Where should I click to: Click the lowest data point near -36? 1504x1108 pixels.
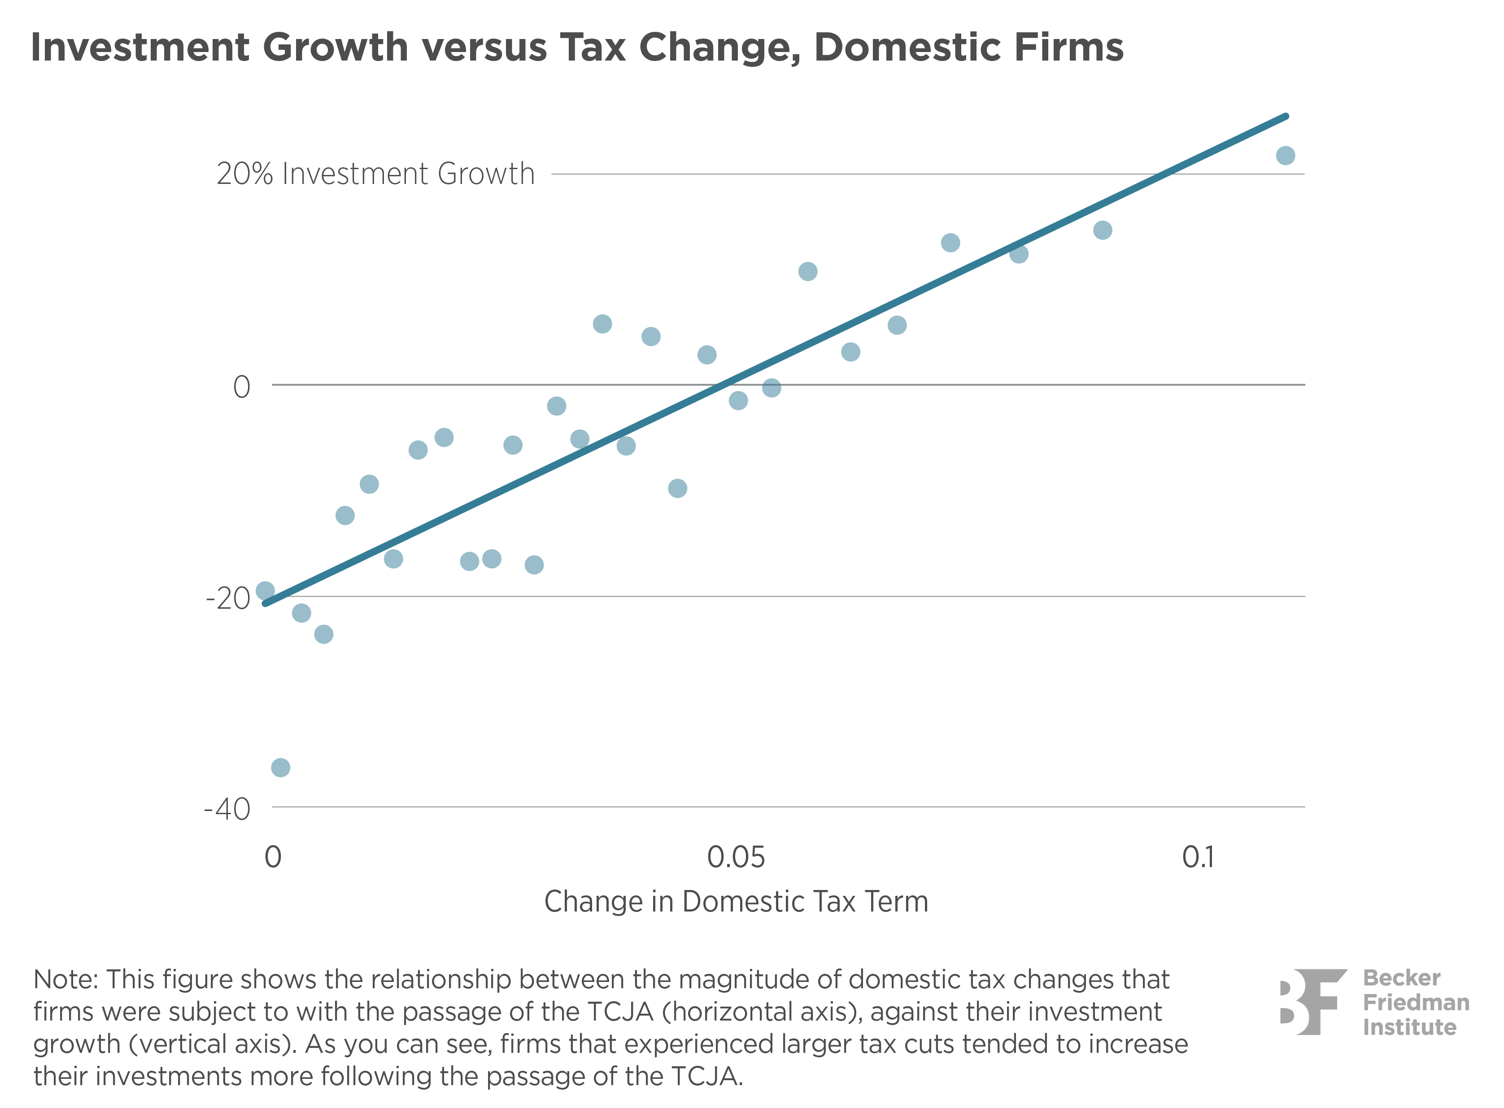(x=280, y=767)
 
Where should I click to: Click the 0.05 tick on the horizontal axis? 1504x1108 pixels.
(x=736, y=857)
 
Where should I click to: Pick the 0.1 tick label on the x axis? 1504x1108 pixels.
(x=1198, y=857)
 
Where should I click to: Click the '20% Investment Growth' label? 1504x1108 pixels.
(x=375, y=174)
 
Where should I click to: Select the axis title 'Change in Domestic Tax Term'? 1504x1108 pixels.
(x=736, y=901)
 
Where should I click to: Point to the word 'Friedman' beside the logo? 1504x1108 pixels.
(x=1416, y=1002)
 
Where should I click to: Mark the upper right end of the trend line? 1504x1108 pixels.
(x=1285, y=117)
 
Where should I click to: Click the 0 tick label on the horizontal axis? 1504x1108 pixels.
(x=272, y=857)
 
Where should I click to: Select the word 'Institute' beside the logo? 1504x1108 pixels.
(x=1409, y=1027)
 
